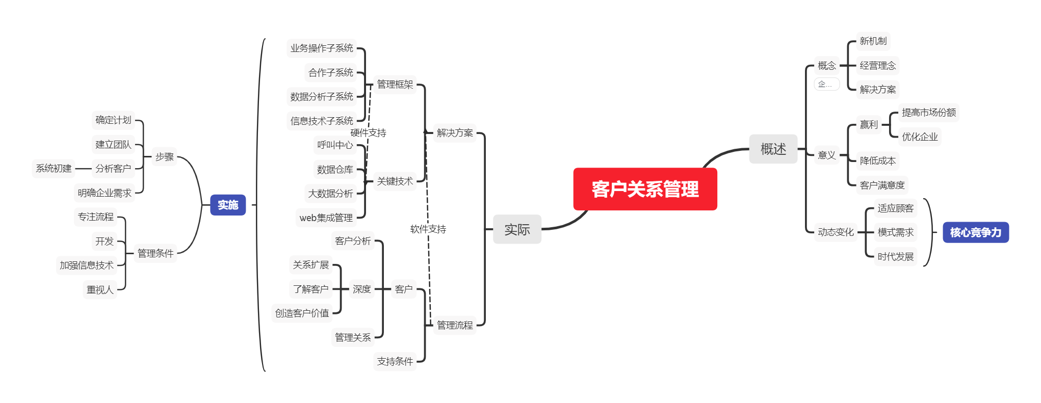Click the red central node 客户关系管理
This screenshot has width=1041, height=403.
645,189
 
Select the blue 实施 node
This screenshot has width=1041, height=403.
228,205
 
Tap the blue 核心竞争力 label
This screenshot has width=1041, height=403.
975,232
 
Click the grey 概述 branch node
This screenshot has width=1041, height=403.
773,149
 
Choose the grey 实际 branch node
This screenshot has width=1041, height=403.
517,229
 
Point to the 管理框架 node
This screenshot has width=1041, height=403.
395,84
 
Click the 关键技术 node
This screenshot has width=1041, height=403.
395,181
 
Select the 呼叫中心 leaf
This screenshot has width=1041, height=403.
334,145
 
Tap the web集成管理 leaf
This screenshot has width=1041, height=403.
326,218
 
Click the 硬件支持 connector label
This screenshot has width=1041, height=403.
368,133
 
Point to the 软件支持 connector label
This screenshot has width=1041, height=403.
428,229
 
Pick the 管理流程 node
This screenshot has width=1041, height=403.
455,325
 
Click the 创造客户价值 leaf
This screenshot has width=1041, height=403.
302,313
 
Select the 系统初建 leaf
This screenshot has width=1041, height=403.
54,168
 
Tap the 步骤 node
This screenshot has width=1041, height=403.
164,157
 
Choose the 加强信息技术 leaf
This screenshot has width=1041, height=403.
86,265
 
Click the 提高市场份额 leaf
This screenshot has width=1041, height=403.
928,112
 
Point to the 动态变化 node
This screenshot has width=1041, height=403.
836,232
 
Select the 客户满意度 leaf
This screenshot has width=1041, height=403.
882,185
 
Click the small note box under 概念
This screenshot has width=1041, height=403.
826,84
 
